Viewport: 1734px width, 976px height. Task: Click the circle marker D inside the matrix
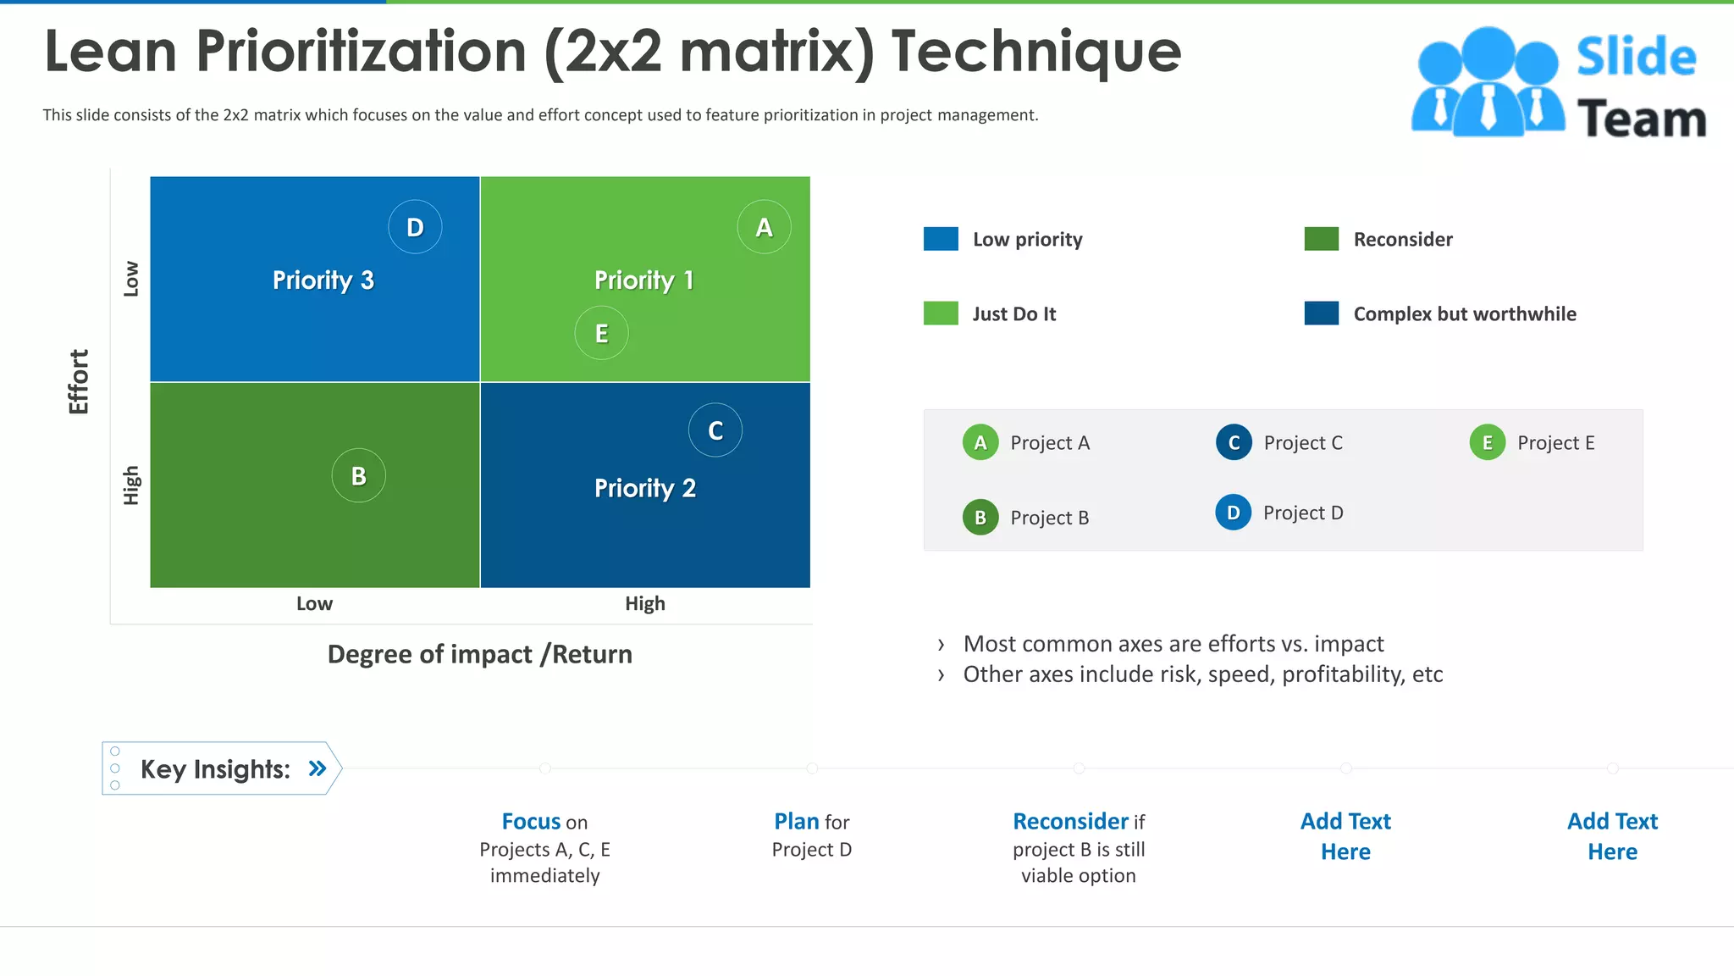(415, 227)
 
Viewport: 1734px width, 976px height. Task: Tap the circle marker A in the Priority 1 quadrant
(764, 227)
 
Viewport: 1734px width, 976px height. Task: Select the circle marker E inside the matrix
(601, 333)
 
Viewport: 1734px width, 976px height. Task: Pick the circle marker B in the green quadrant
(358, 475)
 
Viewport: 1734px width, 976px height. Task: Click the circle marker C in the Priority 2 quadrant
(715, 430)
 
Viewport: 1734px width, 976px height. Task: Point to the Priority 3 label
(323, 280)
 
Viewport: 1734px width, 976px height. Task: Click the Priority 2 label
(644, 488)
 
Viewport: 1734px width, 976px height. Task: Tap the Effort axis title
(79, 381)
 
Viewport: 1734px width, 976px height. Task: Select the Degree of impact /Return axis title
(479, 654)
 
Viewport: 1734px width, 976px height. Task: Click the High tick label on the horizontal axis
(644, 603)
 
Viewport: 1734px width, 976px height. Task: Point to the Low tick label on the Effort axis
(131, 279)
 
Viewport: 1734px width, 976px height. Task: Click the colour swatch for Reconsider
(1321, 239)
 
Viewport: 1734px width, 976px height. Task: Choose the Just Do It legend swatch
(941, 313)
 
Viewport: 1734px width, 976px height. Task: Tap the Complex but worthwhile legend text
(1464, 313)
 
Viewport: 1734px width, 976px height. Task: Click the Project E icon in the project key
(1487, 442)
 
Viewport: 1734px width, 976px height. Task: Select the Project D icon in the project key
(1233, 513)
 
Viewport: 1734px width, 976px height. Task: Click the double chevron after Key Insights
(318, 768)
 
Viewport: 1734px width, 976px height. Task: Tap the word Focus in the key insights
(531, 821)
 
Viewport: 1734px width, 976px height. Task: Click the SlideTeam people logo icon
(1487, 82)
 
